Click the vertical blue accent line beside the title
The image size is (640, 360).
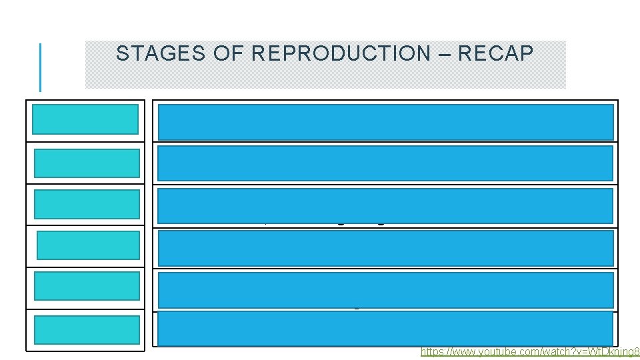(41, 67)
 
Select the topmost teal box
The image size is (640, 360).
(86, 120)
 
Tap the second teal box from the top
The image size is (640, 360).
(87, 163)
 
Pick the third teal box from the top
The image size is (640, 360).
(87, 204)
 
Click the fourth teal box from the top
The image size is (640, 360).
(89, 245)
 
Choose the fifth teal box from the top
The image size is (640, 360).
(87, 286)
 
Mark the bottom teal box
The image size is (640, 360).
(87, 329)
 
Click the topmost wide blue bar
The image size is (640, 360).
(385, 121)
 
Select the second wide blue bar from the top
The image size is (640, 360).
(385, 163)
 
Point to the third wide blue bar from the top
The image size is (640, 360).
(385, 205)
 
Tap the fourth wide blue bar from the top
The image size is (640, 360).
(385, 247)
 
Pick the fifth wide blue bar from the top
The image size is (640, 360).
(385, 289)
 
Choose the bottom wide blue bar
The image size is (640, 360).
(385, 328)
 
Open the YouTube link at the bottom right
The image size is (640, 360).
(530, 351)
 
